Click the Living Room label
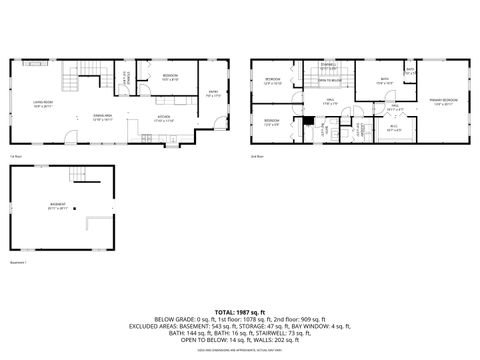pyautogui.click(x=43, y=103)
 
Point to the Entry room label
pyautogui.click(x=212, y=96)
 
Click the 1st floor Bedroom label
pyautogui.click(x=170, y=77)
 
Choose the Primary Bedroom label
pyautogui.click(x=445, y=101)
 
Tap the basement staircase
pyautogui.click(x=79, y=179)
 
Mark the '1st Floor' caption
pyautogui.click(x=15, y=156)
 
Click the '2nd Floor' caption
pyautogui.click(x=258, y=156)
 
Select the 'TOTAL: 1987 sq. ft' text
pyautogui.click(x=240, y=313)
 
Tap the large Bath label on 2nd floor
pyautogui.click(x=383, y=80)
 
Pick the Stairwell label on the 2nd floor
pyautogui.click(x=328, y=67)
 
